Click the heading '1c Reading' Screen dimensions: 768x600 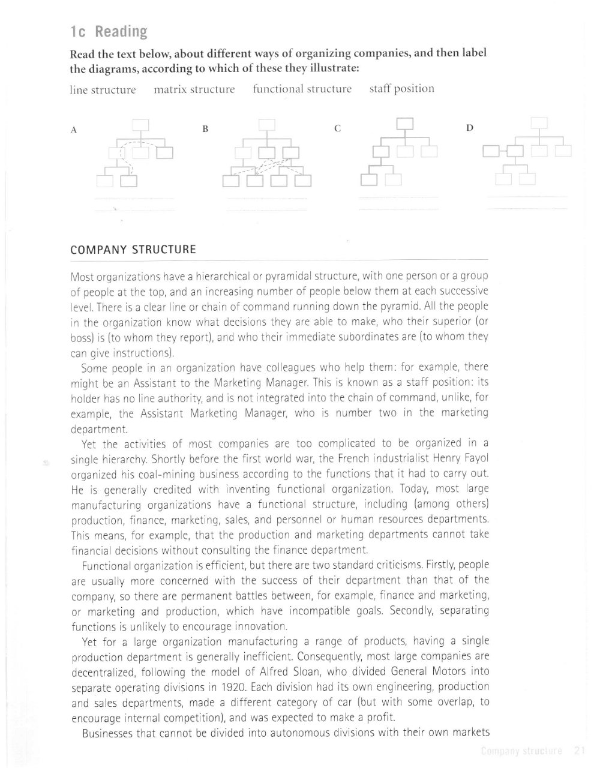coord(109,32)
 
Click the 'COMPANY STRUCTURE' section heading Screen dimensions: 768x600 coord(133,250)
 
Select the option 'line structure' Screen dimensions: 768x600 coord(103,90)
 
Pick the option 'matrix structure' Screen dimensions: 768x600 coord(194,89)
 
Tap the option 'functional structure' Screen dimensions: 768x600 coord(302,89)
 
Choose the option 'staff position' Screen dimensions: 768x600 coord(401,89)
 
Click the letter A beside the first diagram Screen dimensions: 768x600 coord(74,130)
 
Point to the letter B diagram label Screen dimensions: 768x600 coord(205,129)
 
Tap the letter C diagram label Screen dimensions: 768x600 coord(338,128)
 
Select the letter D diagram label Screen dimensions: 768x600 coord(470,128)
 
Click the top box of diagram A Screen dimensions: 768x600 coord(140,125)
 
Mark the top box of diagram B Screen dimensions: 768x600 coord(266,125)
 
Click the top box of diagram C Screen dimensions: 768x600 coord(406,124)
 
